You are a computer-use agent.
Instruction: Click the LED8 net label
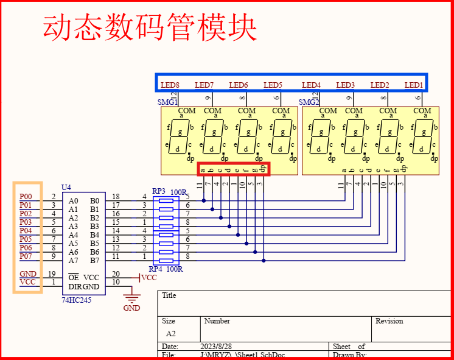tap(170, 85)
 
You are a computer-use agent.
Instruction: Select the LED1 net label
tap(414, 85)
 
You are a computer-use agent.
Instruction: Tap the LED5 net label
tap(273, 85)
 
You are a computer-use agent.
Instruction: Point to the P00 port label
tap(26, 197)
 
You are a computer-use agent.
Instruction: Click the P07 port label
tap(26, 256)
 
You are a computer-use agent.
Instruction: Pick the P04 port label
tap(26, 231)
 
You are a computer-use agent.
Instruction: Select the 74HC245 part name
tap(77, 300)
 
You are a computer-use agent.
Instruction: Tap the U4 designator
tap(66, 187)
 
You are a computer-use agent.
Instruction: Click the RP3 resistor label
tap(158, 191)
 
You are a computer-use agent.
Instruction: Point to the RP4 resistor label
tap(156, 269)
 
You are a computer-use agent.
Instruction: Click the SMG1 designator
tap(167, 102)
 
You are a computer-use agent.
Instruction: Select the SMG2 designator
tap(309, 102)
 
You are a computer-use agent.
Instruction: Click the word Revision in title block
tap(389, 321)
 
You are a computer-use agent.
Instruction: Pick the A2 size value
tap(172, 334)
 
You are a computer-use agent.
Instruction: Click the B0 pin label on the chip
tap(94, 200)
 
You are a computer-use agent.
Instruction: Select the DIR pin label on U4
tap(74, 286)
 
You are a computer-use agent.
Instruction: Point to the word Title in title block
tap(169, 295)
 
